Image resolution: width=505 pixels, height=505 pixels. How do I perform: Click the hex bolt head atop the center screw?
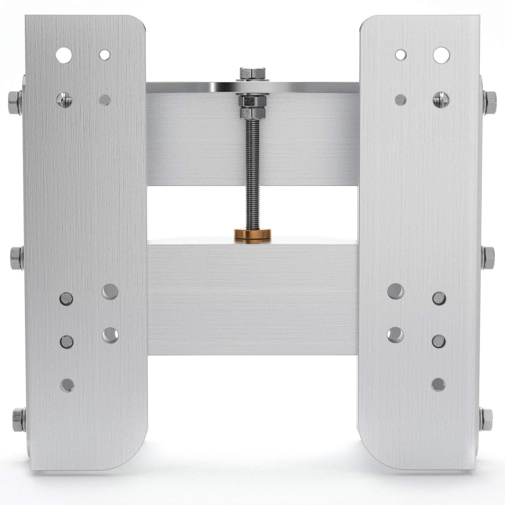pos(252,73)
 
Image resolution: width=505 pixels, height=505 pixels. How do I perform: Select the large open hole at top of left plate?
pos(64,55)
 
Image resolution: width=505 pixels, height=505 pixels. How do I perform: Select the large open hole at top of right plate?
pos(441,55)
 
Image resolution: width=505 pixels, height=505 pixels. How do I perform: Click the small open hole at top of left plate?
pos(104,55)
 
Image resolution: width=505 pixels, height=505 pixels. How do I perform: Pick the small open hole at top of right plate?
pos(401,55)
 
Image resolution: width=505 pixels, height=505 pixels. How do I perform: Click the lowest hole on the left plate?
pos(67,385)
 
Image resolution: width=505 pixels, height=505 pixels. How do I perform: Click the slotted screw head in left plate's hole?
pos(64,100)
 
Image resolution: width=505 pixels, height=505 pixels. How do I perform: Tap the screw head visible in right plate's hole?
pos(441,100)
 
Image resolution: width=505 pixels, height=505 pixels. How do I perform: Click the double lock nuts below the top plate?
pos(252,107)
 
